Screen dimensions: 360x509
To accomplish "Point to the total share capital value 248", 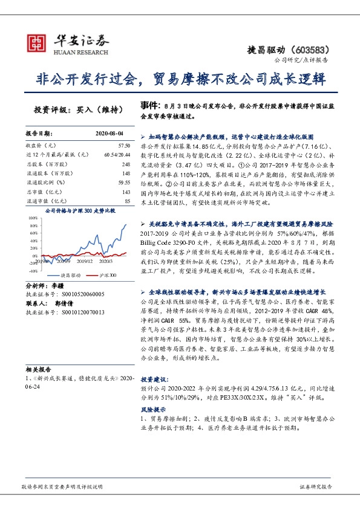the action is [125, 164].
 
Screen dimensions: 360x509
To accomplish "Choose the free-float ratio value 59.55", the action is [124, 183].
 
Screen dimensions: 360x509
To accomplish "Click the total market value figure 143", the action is [125, 192].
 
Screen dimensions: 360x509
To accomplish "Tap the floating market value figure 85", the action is [127, 201].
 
